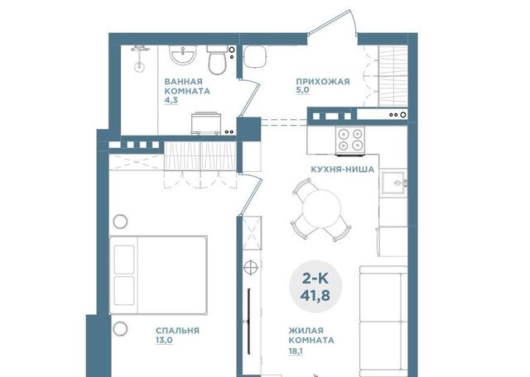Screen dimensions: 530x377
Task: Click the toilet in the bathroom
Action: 217,60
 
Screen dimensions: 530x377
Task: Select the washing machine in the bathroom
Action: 206,123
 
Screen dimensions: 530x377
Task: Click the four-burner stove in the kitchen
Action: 350,140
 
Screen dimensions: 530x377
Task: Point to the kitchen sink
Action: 394,183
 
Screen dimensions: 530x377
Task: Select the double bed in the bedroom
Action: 158,275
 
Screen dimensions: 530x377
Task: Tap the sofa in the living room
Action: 383,322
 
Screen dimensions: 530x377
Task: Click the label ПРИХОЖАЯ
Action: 323,82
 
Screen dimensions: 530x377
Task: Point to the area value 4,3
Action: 171,100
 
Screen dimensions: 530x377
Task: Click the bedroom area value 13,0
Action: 164,341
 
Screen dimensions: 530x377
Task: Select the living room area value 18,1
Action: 296,351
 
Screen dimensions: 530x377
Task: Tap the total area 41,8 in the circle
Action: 315,296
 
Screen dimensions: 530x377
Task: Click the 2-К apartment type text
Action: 315,279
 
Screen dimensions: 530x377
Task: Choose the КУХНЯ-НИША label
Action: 342,169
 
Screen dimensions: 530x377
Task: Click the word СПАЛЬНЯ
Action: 177,331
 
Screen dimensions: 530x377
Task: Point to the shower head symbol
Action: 139,66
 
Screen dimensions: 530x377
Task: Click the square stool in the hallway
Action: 255,56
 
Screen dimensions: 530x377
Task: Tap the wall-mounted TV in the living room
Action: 248,321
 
